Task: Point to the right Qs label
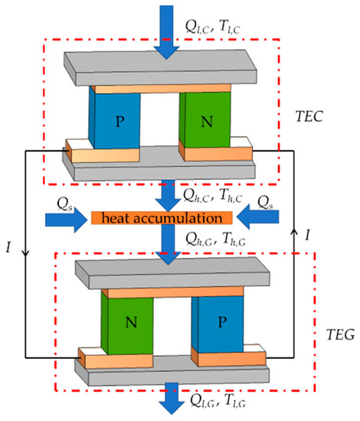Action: pos(277,202)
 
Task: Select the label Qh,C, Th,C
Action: pos(222,197)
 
